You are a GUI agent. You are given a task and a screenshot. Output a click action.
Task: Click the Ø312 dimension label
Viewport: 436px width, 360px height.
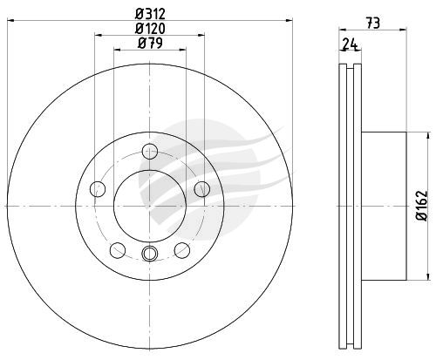[x=150, y=13]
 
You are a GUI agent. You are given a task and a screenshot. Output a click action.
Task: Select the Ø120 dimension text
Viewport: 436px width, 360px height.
[x=150, y=29]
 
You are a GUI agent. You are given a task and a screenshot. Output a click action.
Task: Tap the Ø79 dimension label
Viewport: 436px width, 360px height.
[x=150, y=44]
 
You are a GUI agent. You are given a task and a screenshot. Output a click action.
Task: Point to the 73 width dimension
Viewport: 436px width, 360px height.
[x=373, y=24]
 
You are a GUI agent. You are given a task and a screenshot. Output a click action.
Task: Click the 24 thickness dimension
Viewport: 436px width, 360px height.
[x=350, y=44]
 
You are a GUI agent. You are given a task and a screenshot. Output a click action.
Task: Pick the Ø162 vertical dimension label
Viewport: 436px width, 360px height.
[x=422, y=206]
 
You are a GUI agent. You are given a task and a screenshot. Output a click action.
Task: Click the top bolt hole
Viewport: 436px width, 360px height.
[x=150, y=151]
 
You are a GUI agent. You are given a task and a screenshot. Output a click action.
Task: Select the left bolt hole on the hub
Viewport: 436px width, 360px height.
[x=98, y=189]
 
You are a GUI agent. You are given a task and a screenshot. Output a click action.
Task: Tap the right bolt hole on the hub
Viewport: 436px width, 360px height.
[x=202, y=189]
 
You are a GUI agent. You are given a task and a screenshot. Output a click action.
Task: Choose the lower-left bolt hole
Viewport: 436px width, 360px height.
[x=118, y=250]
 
